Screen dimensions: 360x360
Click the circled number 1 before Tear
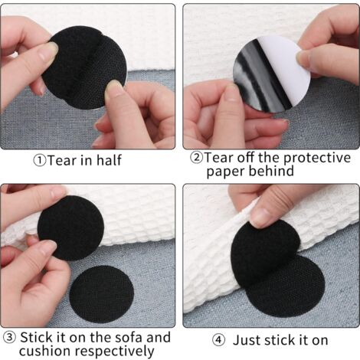click(x=40, y=161)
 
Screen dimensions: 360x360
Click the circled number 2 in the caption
click(x=196, y=157)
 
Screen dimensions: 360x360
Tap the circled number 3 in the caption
click(x=9, y=338)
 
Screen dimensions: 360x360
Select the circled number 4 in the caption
click(x=219, y=340)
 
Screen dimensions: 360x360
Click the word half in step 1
click(x=109, y=160)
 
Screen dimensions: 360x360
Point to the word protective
click(x=317, y=159)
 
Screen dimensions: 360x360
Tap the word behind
click(x=271, y=170)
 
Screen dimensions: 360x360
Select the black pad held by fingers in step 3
click(x=71, y=228)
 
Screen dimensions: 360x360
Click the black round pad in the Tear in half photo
click(x=84, y=67)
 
